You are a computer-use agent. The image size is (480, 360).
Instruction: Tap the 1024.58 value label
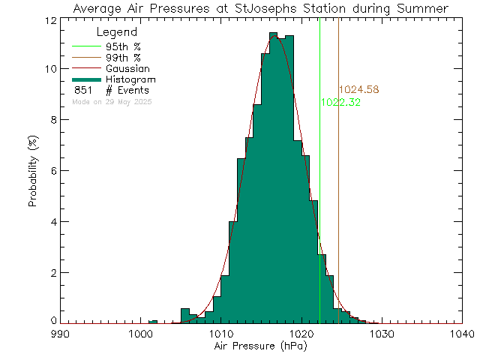358,90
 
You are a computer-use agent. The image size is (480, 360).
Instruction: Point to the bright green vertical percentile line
319,187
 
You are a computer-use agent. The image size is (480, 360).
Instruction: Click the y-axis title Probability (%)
34,171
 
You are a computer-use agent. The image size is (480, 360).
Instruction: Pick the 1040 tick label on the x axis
463,334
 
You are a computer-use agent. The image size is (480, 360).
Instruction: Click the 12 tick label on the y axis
47,19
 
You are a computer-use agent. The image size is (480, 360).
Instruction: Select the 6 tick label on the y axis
50,170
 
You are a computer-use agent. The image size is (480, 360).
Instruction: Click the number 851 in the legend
83,90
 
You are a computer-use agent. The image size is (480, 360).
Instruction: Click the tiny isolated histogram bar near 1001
153,322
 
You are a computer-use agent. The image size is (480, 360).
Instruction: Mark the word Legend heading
117,32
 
